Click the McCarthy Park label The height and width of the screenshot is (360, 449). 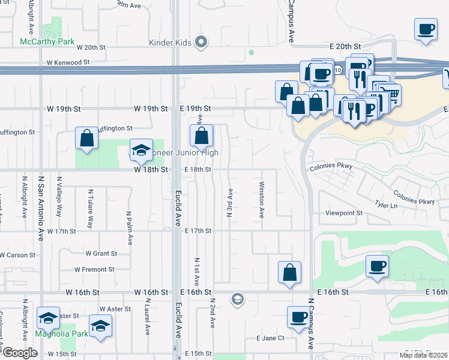(x=47, y=42)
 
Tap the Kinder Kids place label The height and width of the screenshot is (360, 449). (x=170, y=43)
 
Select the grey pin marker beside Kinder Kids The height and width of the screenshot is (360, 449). (x=202, y=43)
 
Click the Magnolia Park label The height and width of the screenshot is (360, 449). (x=62, y=334)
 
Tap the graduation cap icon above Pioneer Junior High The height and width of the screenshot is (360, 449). (x=142, y=150)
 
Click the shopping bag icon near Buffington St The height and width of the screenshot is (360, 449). (x=87, y=138)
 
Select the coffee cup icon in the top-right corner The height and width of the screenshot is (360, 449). (x=426, y=29)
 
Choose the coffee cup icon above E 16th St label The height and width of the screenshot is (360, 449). (x=377, y=266)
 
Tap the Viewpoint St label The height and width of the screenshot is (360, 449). (x=344, y=213)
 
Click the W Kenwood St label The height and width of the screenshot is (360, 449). (x=68, y=62)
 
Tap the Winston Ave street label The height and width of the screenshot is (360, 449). (x=262, y=200)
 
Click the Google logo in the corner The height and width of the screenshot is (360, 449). (x=20, y=353)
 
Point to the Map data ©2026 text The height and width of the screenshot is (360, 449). (x=424, y=355)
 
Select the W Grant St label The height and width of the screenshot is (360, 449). (x=101, y=254)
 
